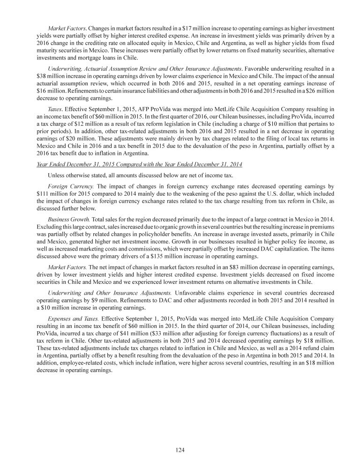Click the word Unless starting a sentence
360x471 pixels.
[57, 176]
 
